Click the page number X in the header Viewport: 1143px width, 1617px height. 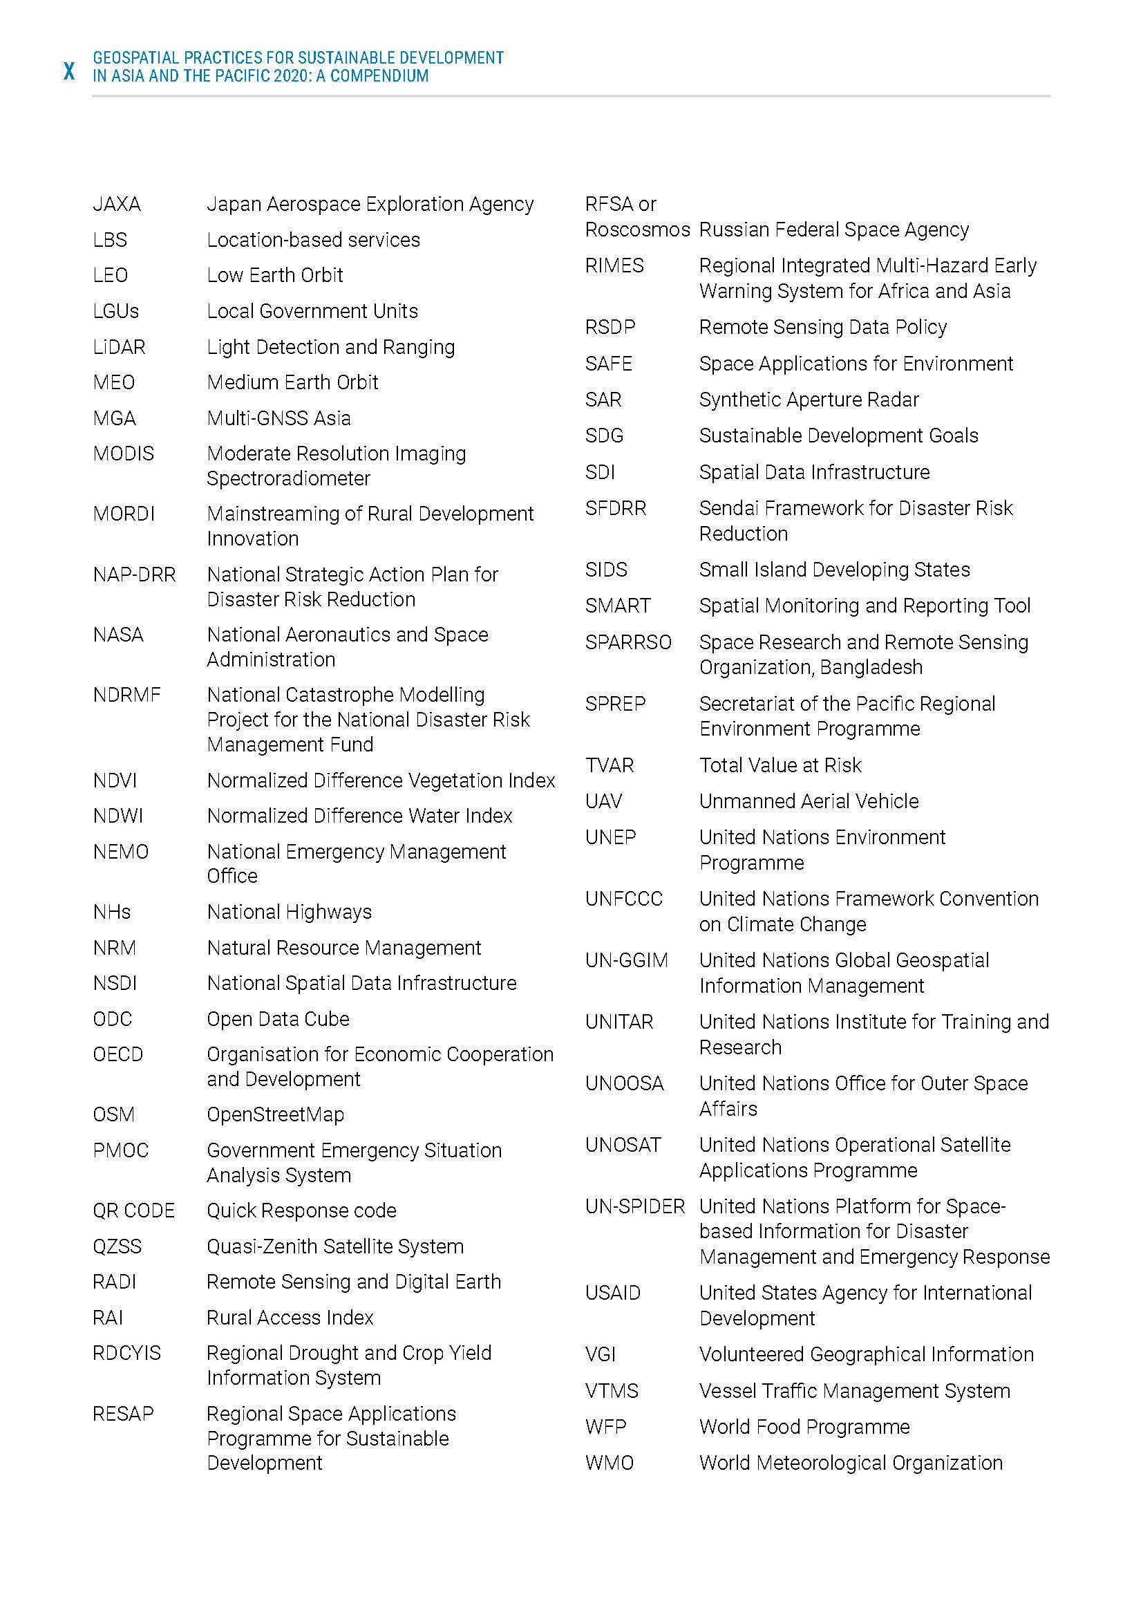(69, 71)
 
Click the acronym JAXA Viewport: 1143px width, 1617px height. (117, 204)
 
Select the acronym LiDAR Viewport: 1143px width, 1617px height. (119, 347)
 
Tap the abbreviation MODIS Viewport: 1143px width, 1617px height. (123, 454)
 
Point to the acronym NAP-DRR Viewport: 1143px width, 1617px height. (134, 574)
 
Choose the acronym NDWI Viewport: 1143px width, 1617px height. (117, 816)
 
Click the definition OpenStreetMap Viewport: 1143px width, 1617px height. (275, 1114)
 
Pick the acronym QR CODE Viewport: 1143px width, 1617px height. (134, 1211)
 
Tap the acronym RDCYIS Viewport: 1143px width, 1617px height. (126, 1353)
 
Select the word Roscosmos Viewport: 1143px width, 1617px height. (637, 230)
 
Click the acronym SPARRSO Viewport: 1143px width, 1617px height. (628, 642)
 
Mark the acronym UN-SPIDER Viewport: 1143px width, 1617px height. (635, 1206)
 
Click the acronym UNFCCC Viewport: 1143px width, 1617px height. (623, 899)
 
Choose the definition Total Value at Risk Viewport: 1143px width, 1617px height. (780, 765)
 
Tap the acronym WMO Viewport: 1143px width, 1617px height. (610, 1463)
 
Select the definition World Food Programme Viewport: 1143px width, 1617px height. (804, 1427)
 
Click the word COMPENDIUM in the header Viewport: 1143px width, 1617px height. (379, 76)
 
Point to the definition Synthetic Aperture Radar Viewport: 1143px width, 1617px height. (809, 400)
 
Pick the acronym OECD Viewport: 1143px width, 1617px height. (117, 1054)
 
